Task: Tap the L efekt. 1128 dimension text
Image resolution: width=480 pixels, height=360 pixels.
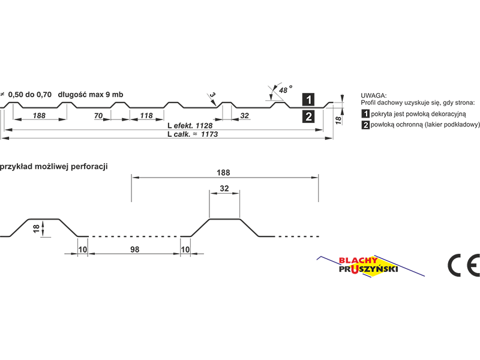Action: point(190,125)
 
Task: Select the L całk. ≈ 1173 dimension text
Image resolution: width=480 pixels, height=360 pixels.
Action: point(193,134)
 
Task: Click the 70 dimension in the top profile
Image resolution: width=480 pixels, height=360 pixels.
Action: point(98,116)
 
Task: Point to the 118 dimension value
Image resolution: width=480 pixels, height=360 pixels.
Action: point(146,116)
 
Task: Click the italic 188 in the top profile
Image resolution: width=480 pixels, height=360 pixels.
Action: point(39,116)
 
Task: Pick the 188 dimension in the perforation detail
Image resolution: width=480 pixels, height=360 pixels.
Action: point(223,173)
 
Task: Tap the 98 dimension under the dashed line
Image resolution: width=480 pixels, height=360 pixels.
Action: point(134,250)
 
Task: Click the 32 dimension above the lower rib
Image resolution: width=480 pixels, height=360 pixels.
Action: point(224,188)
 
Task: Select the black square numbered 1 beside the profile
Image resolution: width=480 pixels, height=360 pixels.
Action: point(308,100)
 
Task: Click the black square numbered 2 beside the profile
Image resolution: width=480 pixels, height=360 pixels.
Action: point(308,116)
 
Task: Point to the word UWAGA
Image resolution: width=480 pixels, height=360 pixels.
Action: point(373,95)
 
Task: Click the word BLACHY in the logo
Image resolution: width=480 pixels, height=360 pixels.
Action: point(358,260)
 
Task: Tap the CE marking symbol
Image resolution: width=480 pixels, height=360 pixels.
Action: point(463,265)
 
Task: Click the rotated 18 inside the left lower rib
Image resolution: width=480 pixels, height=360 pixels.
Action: point(37,229)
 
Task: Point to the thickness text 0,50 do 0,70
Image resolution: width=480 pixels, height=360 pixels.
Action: point(30,95)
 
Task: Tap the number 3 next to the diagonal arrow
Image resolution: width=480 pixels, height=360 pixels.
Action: point(213,95)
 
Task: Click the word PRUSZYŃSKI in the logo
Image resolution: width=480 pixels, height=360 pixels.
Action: point(368,269)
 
